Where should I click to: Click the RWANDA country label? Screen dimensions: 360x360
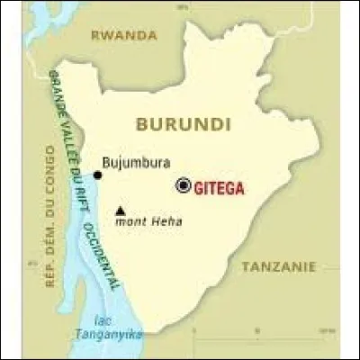click(x=125, y=36)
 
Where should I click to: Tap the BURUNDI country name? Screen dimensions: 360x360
click(x=181, y=123)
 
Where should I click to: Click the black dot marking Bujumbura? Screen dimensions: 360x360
click(x=97, y=175)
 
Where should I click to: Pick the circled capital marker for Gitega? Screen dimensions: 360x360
click(x=184, y=185)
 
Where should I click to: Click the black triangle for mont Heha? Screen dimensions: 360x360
click(x=120, y=212)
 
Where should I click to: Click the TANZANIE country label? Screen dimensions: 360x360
click(x=279, y=266)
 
